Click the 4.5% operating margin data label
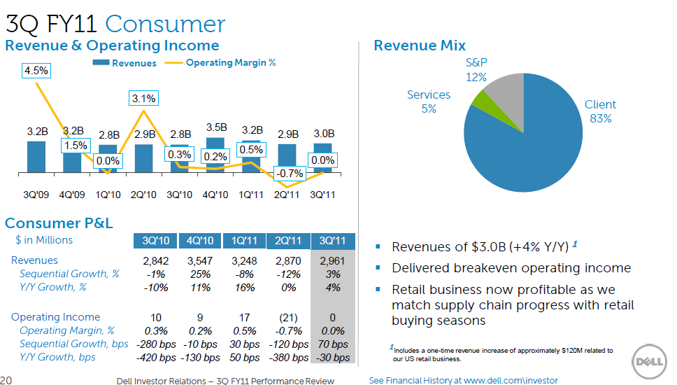[x=36, y=70]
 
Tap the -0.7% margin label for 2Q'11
[x=287, y=173]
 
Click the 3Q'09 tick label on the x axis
[x=36, y=194]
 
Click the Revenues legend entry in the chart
[x=125, y=63]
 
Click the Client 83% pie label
[x=600, y=111]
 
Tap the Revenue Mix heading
[x=420, y=45]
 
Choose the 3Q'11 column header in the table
[x=332, y=241]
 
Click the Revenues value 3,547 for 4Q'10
[x=199, y=260]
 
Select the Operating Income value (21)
[x=288, y=317]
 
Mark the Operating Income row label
[x=55, y=317]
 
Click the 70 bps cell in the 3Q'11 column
[x=332, y=344]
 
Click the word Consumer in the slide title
[x=165, y=24]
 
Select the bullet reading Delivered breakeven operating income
[x=511, y=268]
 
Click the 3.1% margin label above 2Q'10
[x=143, y=98]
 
